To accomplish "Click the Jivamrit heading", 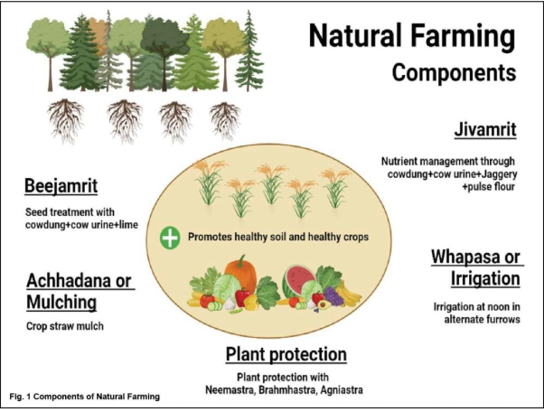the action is pos(485,130).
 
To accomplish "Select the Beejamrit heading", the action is pos(61,185).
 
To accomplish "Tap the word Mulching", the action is pos(61,302).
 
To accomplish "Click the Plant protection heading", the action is pos(286,354).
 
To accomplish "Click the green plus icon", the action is pos(170,238).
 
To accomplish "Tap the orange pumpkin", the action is pos(240,273).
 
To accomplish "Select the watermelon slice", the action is pos(298,279).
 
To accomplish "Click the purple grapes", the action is pos(333,297).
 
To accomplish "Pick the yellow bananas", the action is pos(350,294).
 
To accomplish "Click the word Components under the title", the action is pos(455,72).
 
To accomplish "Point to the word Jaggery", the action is pos(499,173).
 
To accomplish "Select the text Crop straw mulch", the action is pos(65,326).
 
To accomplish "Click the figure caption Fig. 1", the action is pos(85,397).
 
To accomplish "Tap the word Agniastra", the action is pos(342,390).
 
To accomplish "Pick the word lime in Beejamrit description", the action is pos(128,225).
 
